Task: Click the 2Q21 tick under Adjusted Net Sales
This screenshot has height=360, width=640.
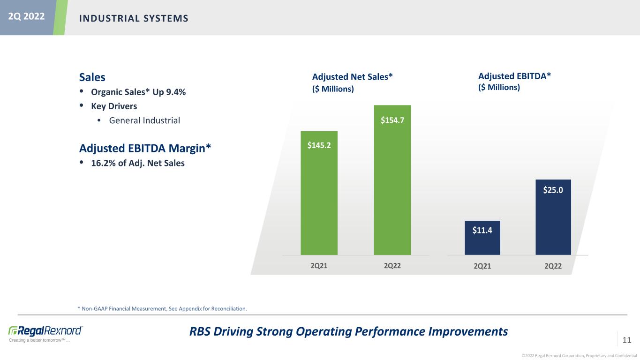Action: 319,266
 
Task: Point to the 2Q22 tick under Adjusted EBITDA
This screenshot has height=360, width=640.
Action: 553,266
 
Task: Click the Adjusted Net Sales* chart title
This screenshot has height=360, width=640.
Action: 352,77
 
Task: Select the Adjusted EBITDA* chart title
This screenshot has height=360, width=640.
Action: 514,76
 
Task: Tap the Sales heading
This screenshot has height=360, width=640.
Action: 92,77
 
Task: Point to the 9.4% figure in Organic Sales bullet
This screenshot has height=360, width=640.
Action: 177,92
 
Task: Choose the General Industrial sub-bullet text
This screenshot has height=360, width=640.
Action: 144,120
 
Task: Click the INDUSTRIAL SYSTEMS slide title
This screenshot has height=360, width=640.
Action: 134,18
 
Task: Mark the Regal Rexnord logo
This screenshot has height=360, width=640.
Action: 45,330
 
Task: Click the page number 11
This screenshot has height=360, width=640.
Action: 627,339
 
